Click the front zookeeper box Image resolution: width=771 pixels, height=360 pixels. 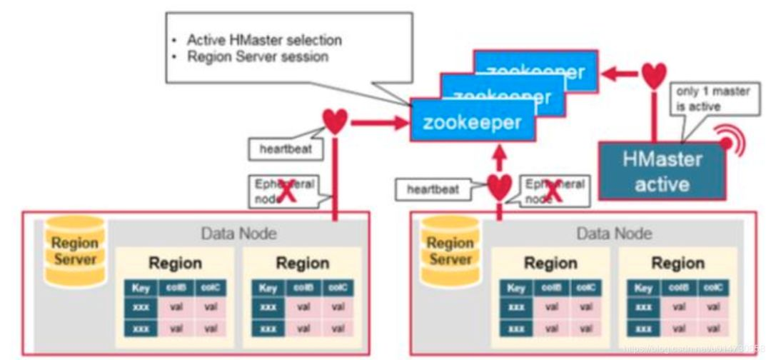471,121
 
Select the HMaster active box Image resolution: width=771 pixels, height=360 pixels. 662,171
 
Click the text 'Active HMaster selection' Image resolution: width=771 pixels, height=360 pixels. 264,40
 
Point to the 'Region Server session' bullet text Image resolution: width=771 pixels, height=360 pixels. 257,56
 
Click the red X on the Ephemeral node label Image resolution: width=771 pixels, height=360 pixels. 287,193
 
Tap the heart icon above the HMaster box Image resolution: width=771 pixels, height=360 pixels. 653,75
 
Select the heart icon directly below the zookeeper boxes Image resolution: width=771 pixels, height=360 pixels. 500,187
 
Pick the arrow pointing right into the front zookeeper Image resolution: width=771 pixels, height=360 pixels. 378,122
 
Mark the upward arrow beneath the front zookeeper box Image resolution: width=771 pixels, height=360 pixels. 500,155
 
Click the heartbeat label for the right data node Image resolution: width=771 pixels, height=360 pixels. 432,189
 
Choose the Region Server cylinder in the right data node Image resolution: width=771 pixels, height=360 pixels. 450,250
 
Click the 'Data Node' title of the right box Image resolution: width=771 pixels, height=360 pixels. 615,233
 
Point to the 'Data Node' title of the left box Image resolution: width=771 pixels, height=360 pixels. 238,233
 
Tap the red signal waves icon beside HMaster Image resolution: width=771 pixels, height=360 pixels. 730,141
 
